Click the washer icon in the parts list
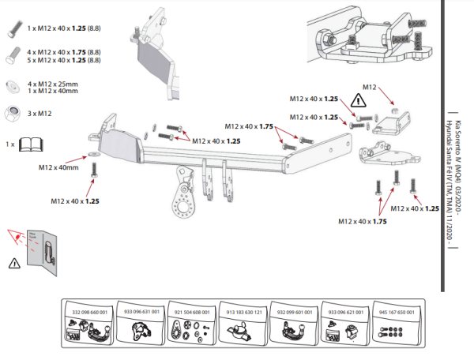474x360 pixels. pyautogui.click(x=14, y=85)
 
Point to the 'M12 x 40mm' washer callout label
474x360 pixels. pyautogui.click(x=58, y=167)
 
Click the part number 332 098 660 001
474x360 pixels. pyautogui.click(x=88, y=313)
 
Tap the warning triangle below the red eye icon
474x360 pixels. pyautogui.click(x=13, y=262)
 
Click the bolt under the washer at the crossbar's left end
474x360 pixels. pyautogui.click(x=95, y=168)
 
